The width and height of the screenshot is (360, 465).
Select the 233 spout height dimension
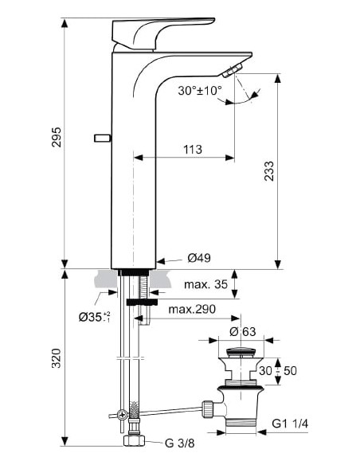269,171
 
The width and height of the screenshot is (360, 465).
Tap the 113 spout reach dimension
191,149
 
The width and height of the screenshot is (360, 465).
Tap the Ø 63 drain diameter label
243,331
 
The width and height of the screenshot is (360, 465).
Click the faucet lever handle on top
159,33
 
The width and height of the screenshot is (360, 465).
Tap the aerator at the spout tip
232,72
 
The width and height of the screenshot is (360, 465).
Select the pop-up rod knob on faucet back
100,137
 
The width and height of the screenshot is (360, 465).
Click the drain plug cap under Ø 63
243,351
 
